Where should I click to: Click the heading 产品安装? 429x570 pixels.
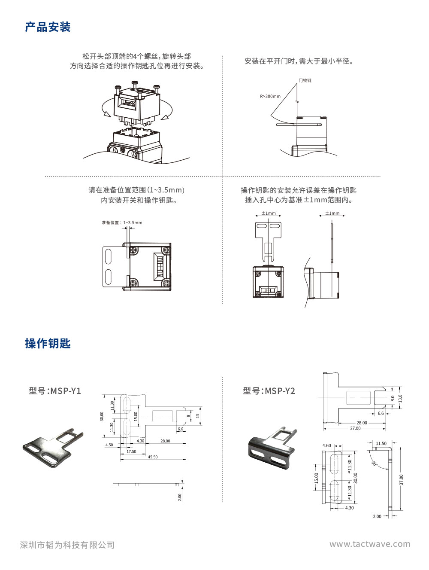pos(48,27)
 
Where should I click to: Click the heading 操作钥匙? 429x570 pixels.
pos(48,344)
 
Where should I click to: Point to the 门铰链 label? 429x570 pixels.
pos(305,80)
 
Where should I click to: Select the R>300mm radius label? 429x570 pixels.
pos(270,96)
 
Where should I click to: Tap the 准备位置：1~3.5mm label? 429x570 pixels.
pos(122,223)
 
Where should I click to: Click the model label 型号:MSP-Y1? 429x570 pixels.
pos(55,391)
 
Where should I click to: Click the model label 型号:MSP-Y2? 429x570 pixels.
pos(269,391)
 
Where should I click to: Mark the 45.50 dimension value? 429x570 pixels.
pos(152,457)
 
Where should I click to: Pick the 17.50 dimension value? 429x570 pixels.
pos(131,451)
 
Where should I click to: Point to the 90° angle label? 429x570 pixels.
pos(374,463)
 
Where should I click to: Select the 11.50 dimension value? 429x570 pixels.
pos(381,444)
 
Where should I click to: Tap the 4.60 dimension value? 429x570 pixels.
pos(326,446)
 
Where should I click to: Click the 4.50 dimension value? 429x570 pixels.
pos(109,445)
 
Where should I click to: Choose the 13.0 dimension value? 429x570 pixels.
pos(401,398)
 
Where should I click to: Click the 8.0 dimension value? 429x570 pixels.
pos(393,399)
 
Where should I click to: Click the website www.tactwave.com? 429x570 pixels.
pos(369,544)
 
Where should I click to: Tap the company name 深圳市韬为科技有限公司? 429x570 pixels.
pos(67,545)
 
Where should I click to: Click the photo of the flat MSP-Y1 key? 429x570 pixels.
pos(53,447)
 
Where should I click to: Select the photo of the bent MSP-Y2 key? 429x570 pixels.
pos(272,447)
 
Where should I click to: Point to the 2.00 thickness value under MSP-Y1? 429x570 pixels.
pos(180,497)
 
